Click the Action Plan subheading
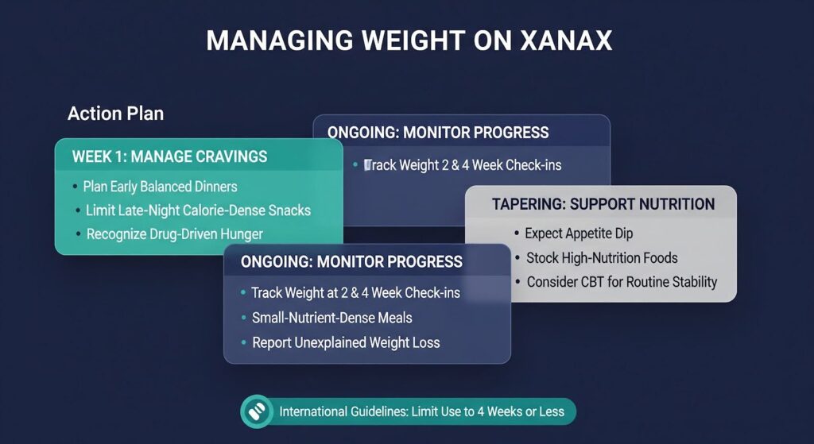(115, 114)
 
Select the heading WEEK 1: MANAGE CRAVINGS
(169, 156)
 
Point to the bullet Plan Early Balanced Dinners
(160, 187)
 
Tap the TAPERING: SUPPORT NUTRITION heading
(603, 204)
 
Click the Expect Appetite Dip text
(579, 234)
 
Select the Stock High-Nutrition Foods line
(601, 257)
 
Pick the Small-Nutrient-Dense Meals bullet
(331, 318)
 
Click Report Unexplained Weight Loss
(346, 342)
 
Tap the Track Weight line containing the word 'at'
(355, 293)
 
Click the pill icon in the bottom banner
(256, 411)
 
